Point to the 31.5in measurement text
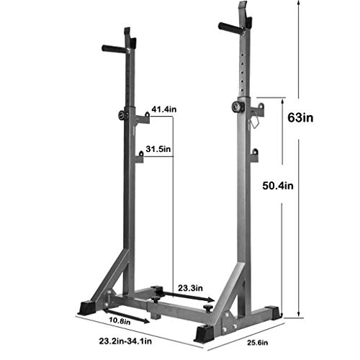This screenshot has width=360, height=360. (158, 150)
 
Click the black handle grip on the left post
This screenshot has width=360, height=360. (114, 49)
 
